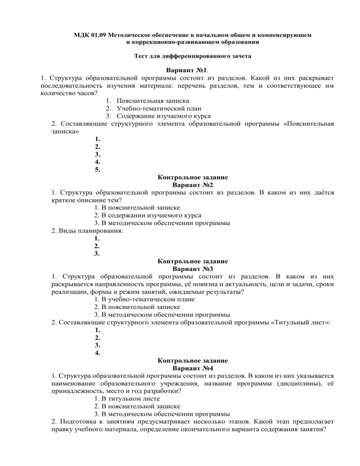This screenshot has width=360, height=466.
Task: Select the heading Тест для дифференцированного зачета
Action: coord(180,56)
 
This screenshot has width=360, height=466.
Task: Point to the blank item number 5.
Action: coord(97,170)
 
